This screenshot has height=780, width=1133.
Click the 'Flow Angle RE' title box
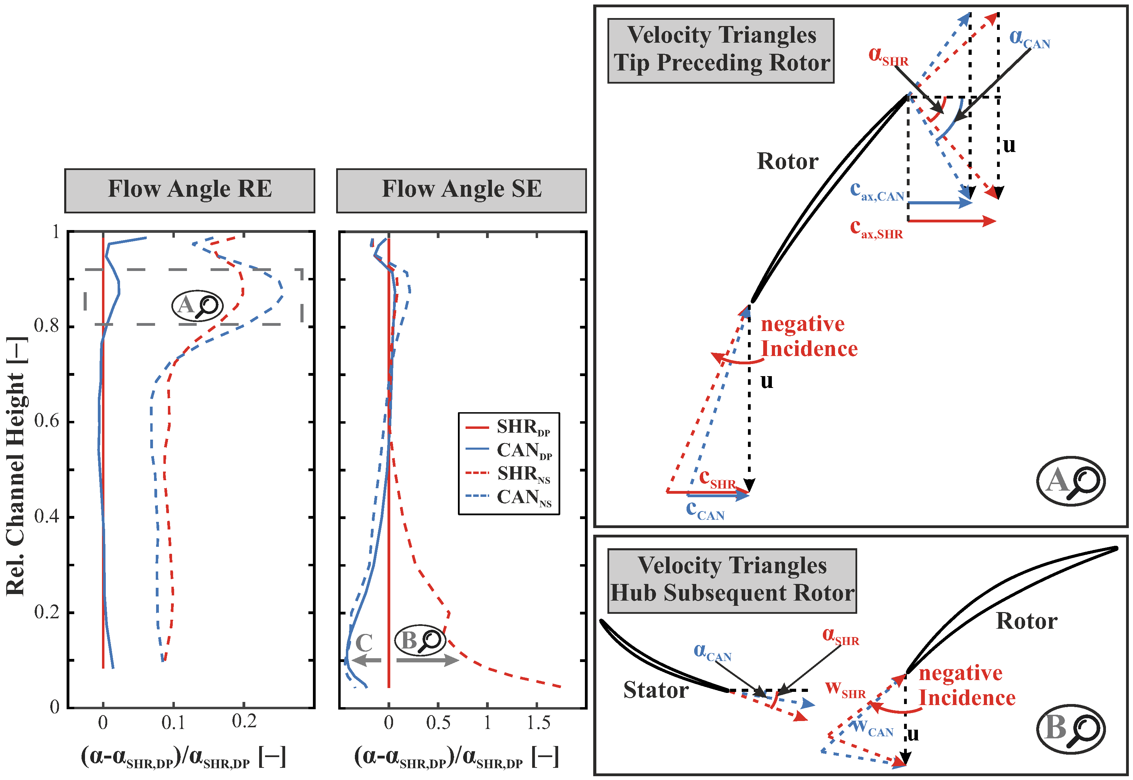[189, 190]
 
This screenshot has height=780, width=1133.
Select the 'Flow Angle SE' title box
[461, 190]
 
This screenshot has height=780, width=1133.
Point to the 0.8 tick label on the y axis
[47, 325]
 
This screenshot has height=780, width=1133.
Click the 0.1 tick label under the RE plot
[173, 722]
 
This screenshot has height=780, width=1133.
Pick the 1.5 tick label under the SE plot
[538, 722]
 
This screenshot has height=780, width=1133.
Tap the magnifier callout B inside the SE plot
[420, 640]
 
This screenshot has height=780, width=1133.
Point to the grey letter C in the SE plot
[364, 643]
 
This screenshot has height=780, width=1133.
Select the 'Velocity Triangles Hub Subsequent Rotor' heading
[732, 580]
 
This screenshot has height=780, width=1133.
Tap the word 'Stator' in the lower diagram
[656, 690]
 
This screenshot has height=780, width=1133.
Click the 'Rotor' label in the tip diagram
[787, 161]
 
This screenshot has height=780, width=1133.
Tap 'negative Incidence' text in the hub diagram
[966, 685]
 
